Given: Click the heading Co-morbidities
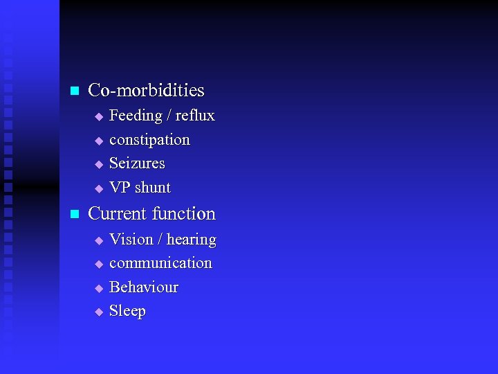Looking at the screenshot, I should click(x=146, y=90).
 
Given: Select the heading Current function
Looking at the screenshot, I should click(x=151, y=213).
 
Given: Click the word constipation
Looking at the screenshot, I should click(x=149, y=140).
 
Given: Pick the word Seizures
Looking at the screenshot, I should click(x=137, y=163).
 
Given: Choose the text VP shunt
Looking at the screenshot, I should click(x=140, y=188).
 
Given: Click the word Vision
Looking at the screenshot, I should click(x=131, y=240).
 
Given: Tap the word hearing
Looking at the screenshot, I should click(x=191, y=240).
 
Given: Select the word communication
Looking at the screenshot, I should click(x=160, y=263).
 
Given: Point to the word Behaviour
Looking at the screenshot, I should click(x=144, y=287).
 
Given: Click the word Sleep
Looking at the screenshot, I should click(x=127, y=311).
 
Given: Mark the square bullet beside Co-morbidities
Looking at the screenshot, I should click(x=74, y=91).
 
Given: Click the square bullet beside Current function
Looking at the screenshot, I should click(x=74, y=214).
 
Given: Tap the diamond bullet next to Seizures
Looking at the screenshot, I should click(x=98, y=165).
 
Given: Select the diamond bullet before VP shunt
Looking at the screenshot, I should click(x=98, y=188).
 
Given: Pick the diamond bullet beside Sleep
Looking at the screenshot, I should click(x=98, y=312).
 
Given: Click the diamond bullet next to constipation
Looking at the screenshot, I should click(x=98, y=141).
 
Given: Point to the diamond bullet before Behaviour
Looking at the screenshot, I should click(x=98, y=288).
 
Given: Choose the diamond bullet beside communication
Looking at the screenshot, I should click(x=98, y=264).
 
